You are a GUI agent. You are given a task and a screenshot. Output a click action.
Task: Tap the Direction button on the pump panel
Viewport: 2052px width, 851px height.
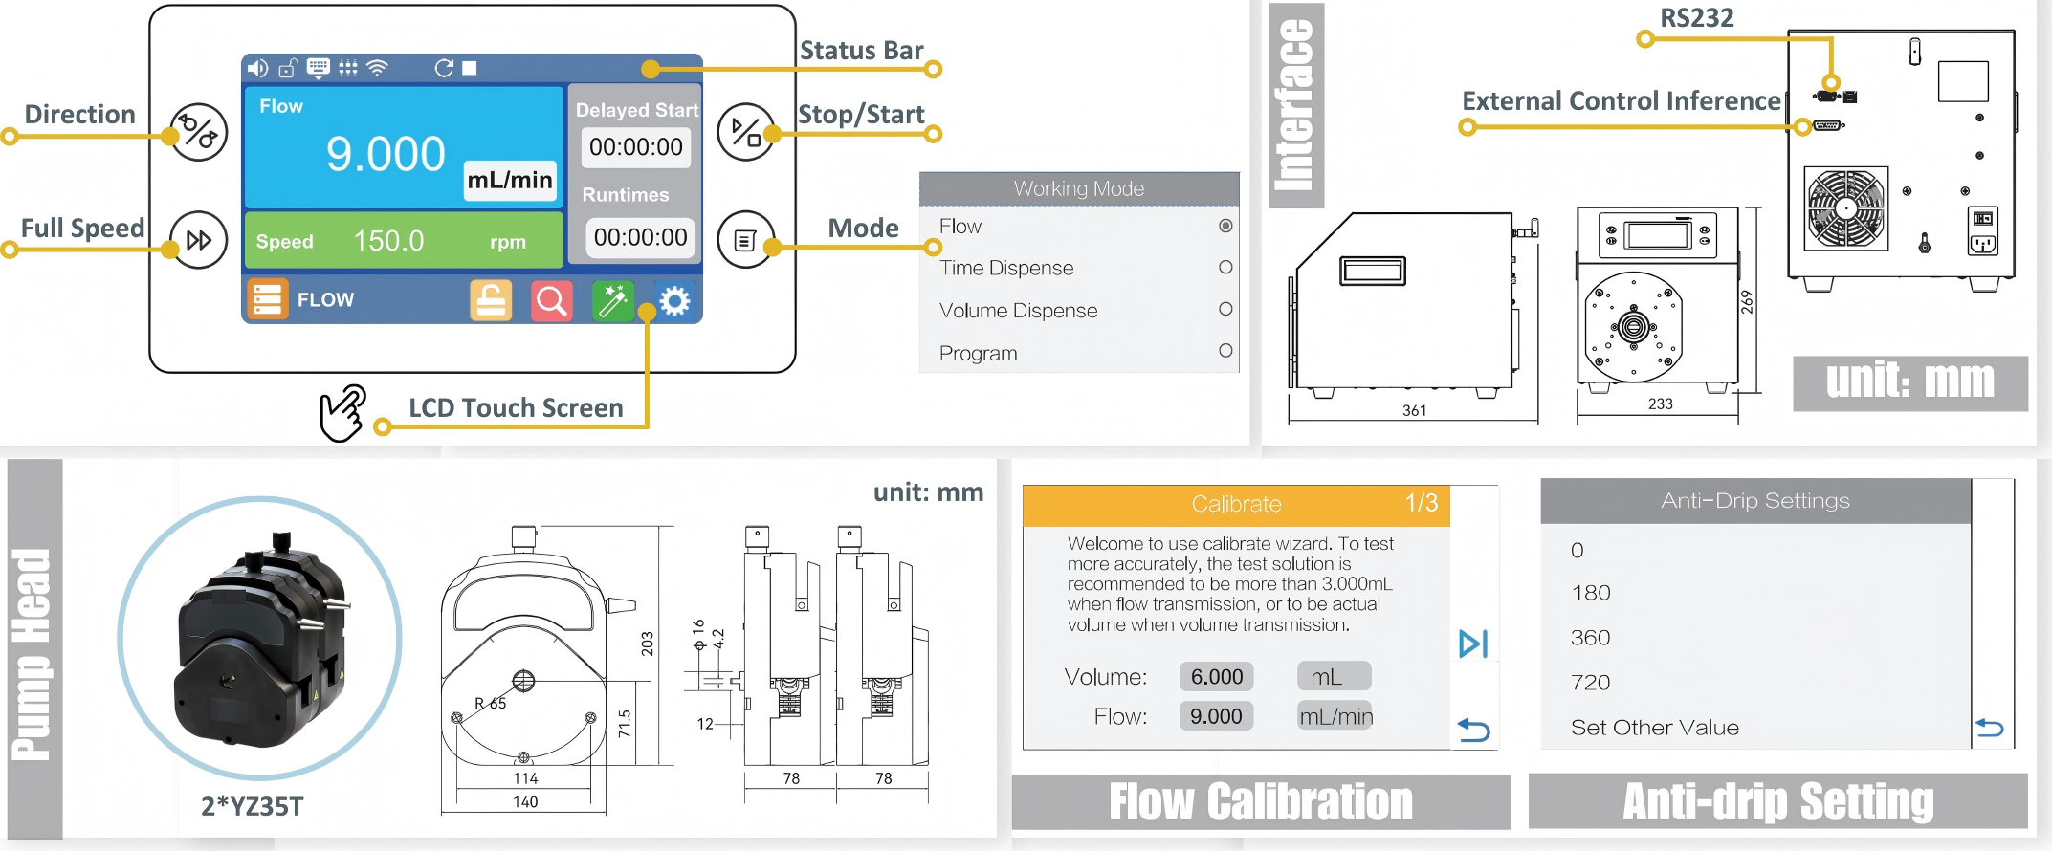point(199,132)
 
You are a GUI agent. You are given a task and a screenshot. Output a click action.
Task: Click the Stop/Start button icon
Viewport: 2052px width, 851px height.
point(745,132)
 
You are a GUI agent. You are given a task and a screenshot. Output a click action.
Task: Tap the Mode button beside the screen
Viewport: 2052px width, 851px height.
point(745,239)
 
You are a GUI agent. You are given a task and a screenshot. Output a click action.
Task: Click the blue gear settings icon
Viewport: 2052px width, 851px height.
point(674,301)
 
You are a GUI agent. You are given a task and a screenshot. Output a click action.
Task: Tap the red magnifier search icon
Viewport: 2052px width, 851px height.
point(551,301)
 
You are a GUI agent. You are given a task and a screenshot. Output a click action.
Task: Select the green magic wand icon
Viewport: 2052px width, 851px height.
point(612,301)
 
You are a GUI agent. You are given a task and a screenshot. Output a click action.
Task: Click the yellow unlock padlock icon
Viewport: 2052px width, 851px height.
point(491,301)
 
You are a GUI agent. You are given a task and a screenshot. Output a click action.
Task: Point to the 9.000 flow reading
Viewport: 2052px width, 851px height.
point(386,155)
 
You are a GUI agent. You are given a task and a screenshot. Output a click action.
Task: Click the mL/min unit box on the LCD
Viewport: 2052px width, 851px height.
point(510,180)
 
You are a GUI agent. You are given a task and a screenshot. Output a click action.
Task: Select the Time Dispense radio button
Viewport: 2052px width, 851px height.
point(1225,268)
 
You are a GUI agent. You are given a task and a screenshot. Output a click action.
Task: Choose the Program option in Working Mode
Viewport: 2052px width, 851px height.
point(979,353)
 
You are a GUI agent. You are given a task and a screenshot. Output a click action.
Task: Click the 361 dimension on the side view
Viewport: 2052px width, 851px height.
point(1414,410)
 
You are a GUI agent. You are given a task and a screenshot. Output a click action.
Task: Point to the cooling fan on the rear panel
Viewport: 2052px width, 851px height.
point(1846,208)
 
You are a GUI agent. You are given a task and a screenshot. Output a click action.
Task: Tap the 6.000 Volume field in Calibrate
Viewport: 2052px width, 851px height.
point(1216,677)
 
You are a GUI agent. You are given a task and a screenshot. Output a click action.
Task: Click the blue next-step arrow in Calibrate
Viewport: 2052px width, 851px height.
point(1473,644)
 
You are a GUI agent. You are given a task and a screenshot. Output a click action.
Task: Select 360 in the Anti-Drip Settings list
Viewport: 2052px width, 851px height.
point(1591,638)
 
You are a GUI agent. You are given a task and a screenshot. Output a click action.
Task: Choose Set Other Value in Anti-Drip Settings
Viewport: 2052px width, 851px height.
point(1654,728)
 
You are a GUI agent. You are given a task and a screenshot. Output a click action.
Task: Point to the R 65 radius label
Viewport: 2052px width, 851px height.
point(491,704)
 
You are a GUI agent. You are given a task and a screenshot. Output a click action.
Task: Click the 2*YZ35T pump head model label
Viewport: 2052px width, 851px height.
point(252,807)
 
